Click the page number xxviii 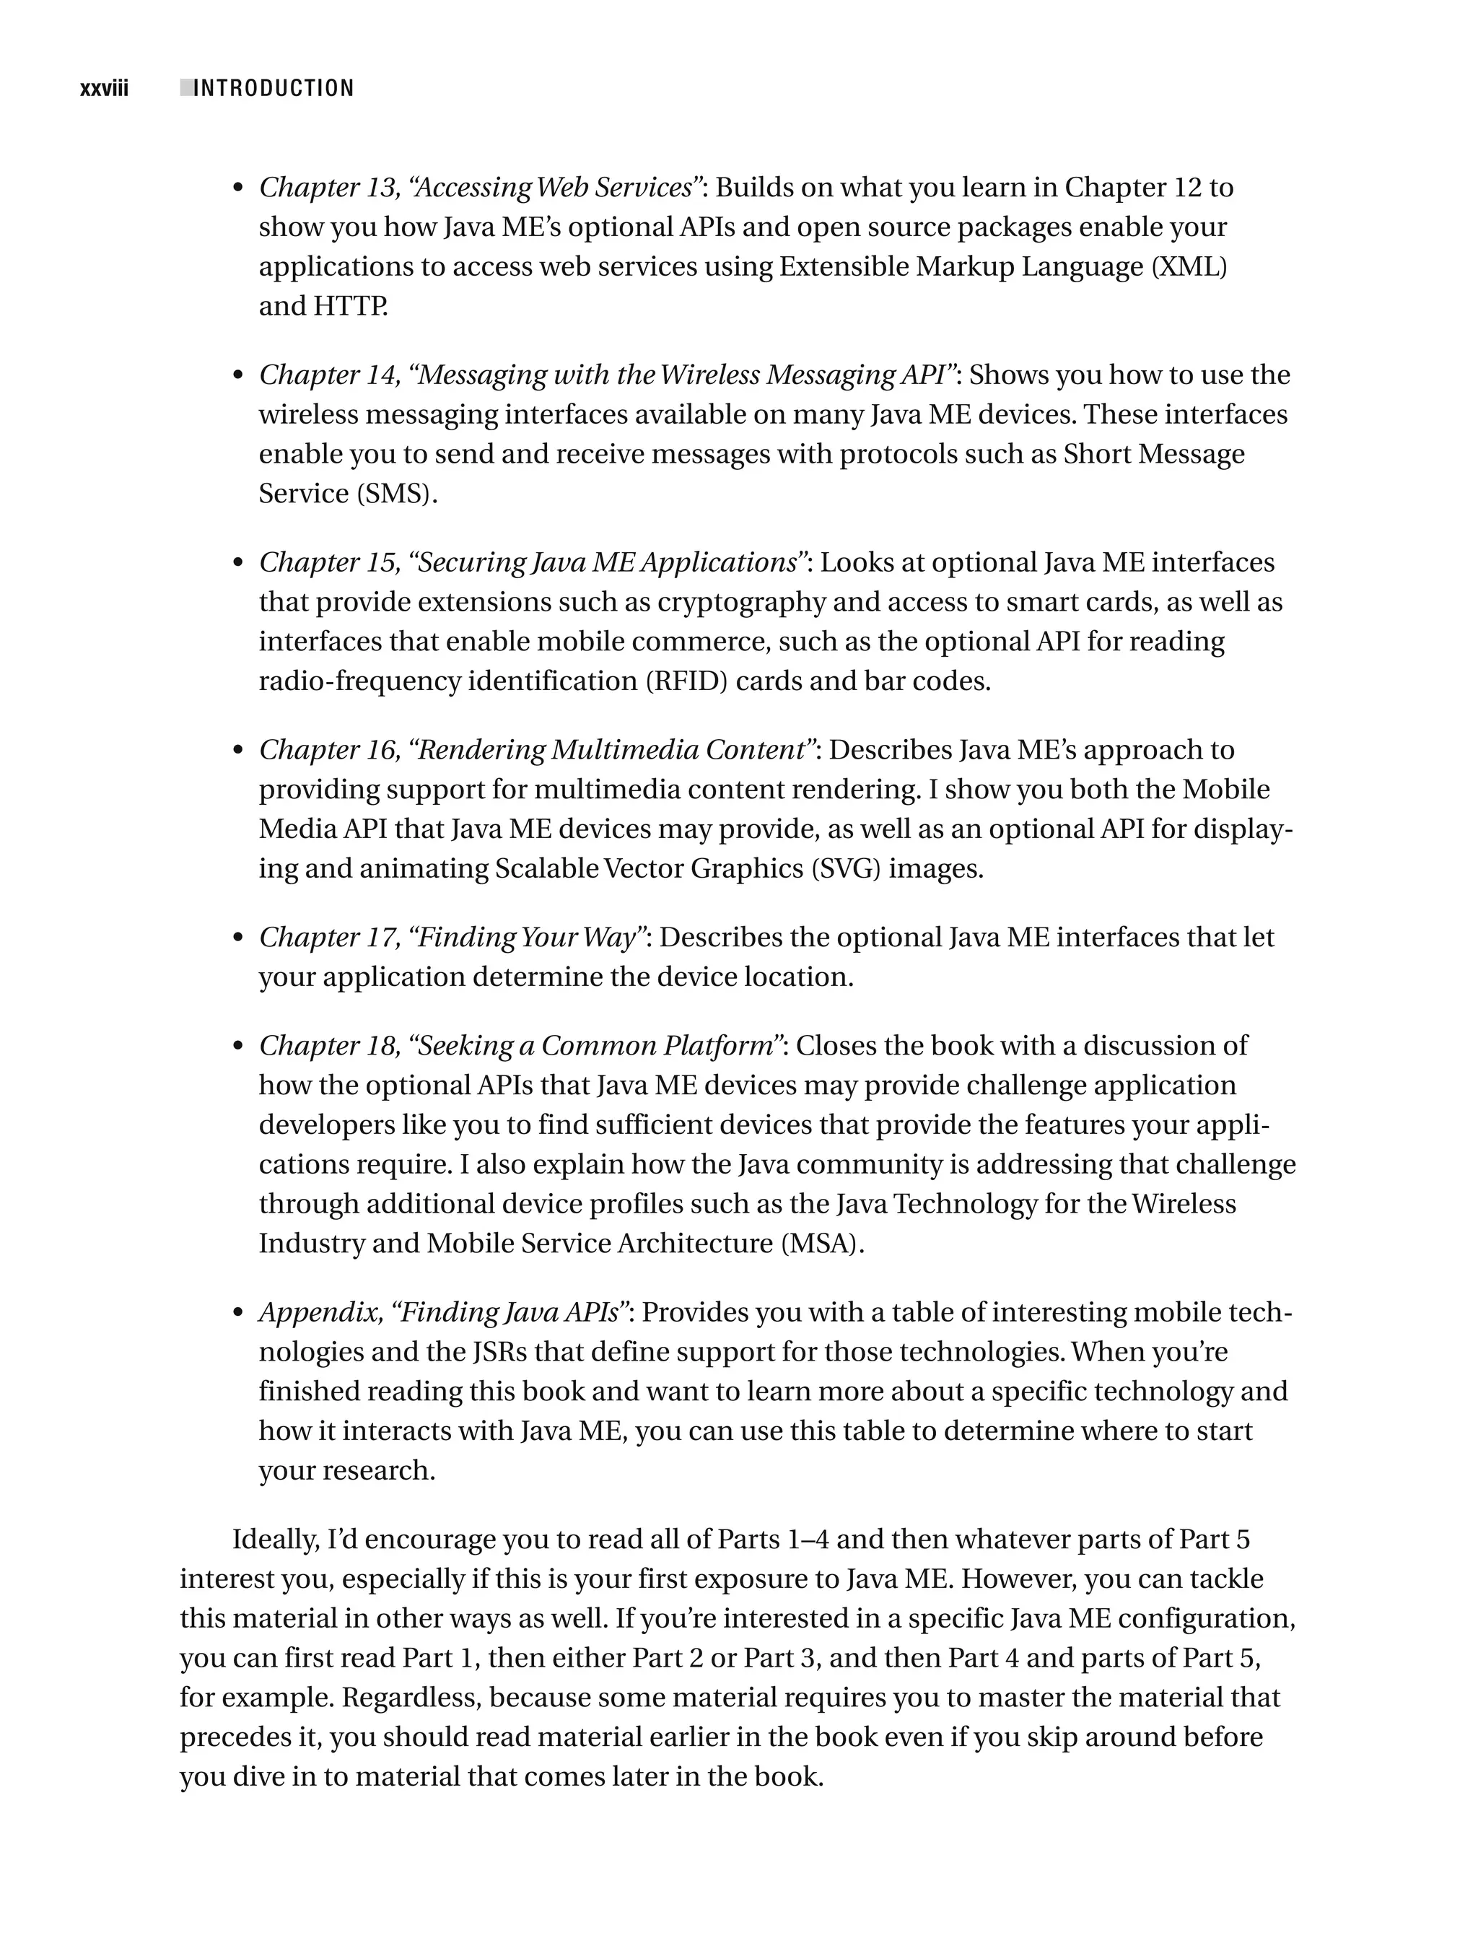pyautogui.click(x=104, y=89)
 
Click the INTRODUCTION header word pyautogui.click(x=274, y=89)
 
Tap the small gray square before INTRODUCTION pyautogui.click(x=186, y=87)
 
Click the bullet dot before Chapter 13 pyautogui.click(x=237, y=189)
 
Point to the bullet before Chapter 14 pyautogui.click(x=237, y=377)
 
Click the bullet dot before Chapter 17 pyautogui.click(x=237, y=938)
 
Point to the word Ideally pyautogui.click(x=275, y=1540)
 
